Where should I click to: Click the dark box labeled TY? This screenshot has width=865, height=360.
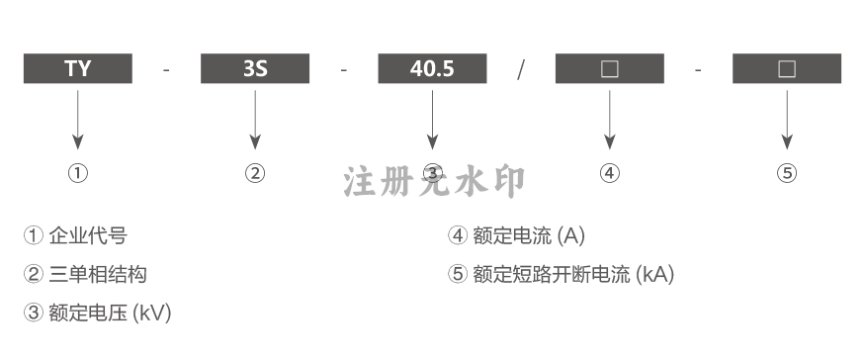(x=78, y=68)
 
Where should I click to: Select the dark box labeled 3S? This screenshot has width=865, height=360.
(x=255, y=68)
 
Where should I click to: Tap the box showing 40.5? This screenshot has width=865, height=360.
(x=433, y=68)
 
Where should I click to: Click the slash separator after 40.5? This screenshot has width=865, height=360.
(x=521, y=69)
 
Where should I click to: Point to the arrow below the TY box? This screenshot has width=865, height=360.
(x=78, y=120)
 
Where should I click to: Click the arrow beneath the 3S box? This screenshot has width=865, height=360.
(x=255, y=120)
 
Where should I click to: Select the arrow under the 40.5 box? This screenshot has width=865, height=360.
(x=433, y=120)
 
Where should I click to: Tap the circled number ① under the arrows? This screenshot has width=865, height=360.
(x=78, y=173)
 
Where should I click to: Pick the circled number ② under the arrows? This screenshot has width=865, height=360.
(x=255, y=173)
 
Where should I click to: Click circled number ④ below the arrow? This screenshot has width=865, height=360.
(x=610, y=173)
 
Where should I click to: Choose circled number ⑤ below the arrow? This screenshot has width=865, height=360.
(x=787, y=173)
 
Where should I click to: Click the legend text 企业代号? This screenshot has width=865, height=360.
(x=88, y=235)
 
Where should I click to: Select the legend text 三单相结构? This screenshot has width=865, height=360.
(x=98, y=274)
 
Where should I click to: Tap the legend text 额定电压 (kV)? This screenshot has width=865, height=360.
(x=110, y=314)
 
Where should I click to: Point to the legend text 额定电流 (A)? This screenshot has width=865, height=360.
(x=529, y=235)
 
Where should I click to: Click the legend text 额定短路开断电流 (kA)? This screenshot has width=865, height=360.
(x=573, y=274)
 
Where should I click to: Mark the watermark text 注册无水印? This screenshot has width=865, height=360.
(x=434, y=182)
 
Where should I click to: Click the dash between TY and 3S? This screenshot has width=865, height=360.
(x=167, y=70)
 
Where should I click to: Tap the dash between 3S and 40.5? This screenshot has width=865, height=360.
(x=344, y=70)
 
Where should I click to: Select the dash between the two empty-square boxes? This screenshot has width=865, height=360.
(x=698, y=70)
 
